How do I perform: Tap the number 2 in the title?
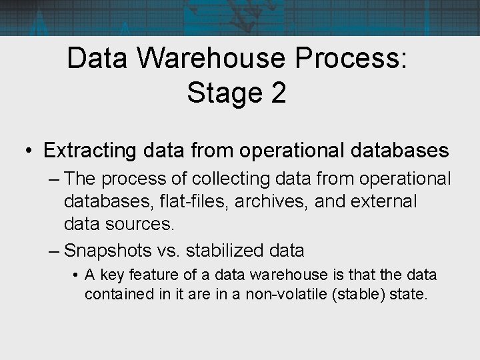278,93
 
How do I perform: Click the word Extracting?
92,150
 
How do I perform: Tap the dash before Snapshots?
56,251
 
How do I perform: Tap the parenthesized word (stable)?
363,294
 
